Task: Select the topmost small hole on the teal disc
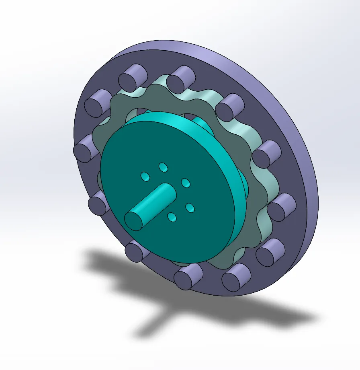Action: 163,166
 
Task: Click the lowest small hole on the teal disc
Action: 172,218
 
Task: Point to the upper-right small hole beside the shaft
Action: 185,183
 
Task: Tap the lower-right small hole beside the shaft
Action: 190,208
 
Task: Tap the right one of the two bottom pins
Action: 235,278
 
